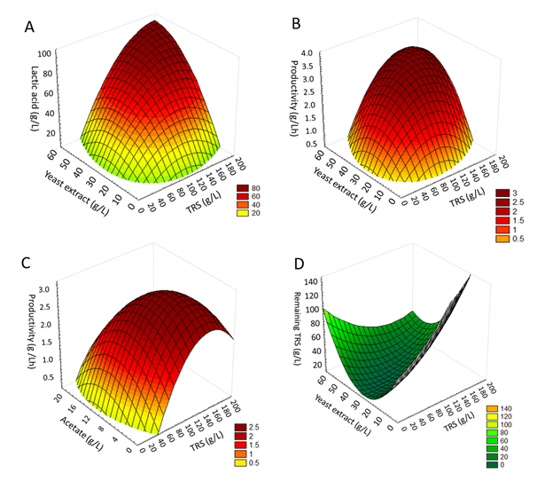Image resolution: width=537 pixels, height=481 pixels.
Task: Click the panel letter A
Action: (x=30, y=27)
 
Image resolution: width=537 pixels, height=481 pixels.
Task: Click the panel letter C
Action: (x=30, y=264)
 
